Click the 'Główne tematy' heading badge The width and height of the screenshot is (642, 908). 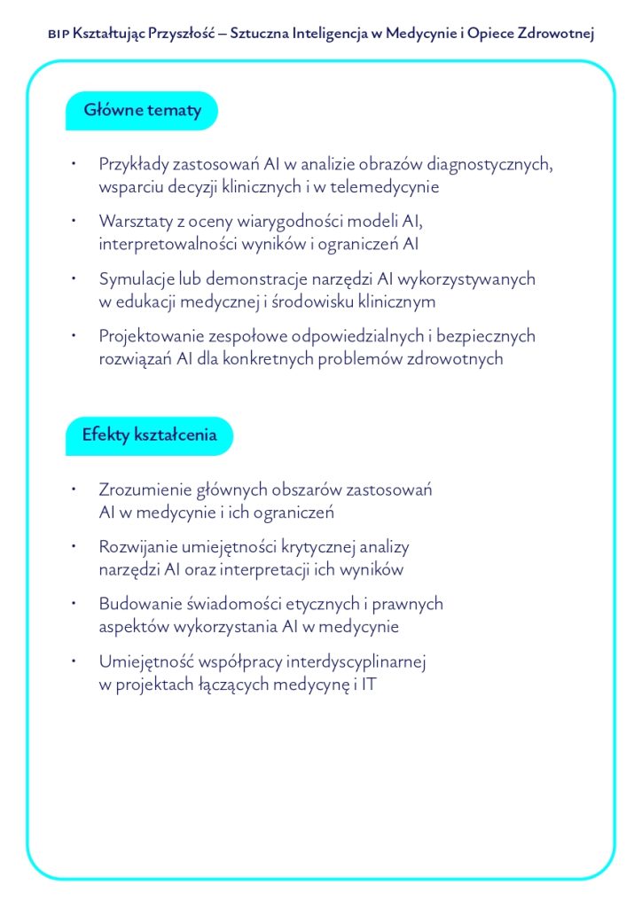click(142, 111)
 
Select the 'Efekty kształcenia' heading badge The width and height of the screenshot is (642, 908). click(148, 435)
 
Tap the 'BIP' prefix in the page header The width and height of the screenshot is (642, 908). click(57, 34)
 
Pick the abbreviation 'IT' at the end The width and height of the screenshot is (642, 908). click(368, 685)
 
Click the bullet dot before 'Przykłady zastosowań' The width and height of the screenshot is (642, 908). click(77, 164)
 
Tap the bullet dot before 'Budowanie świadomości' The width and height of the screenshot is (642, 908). click(77, 604)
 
